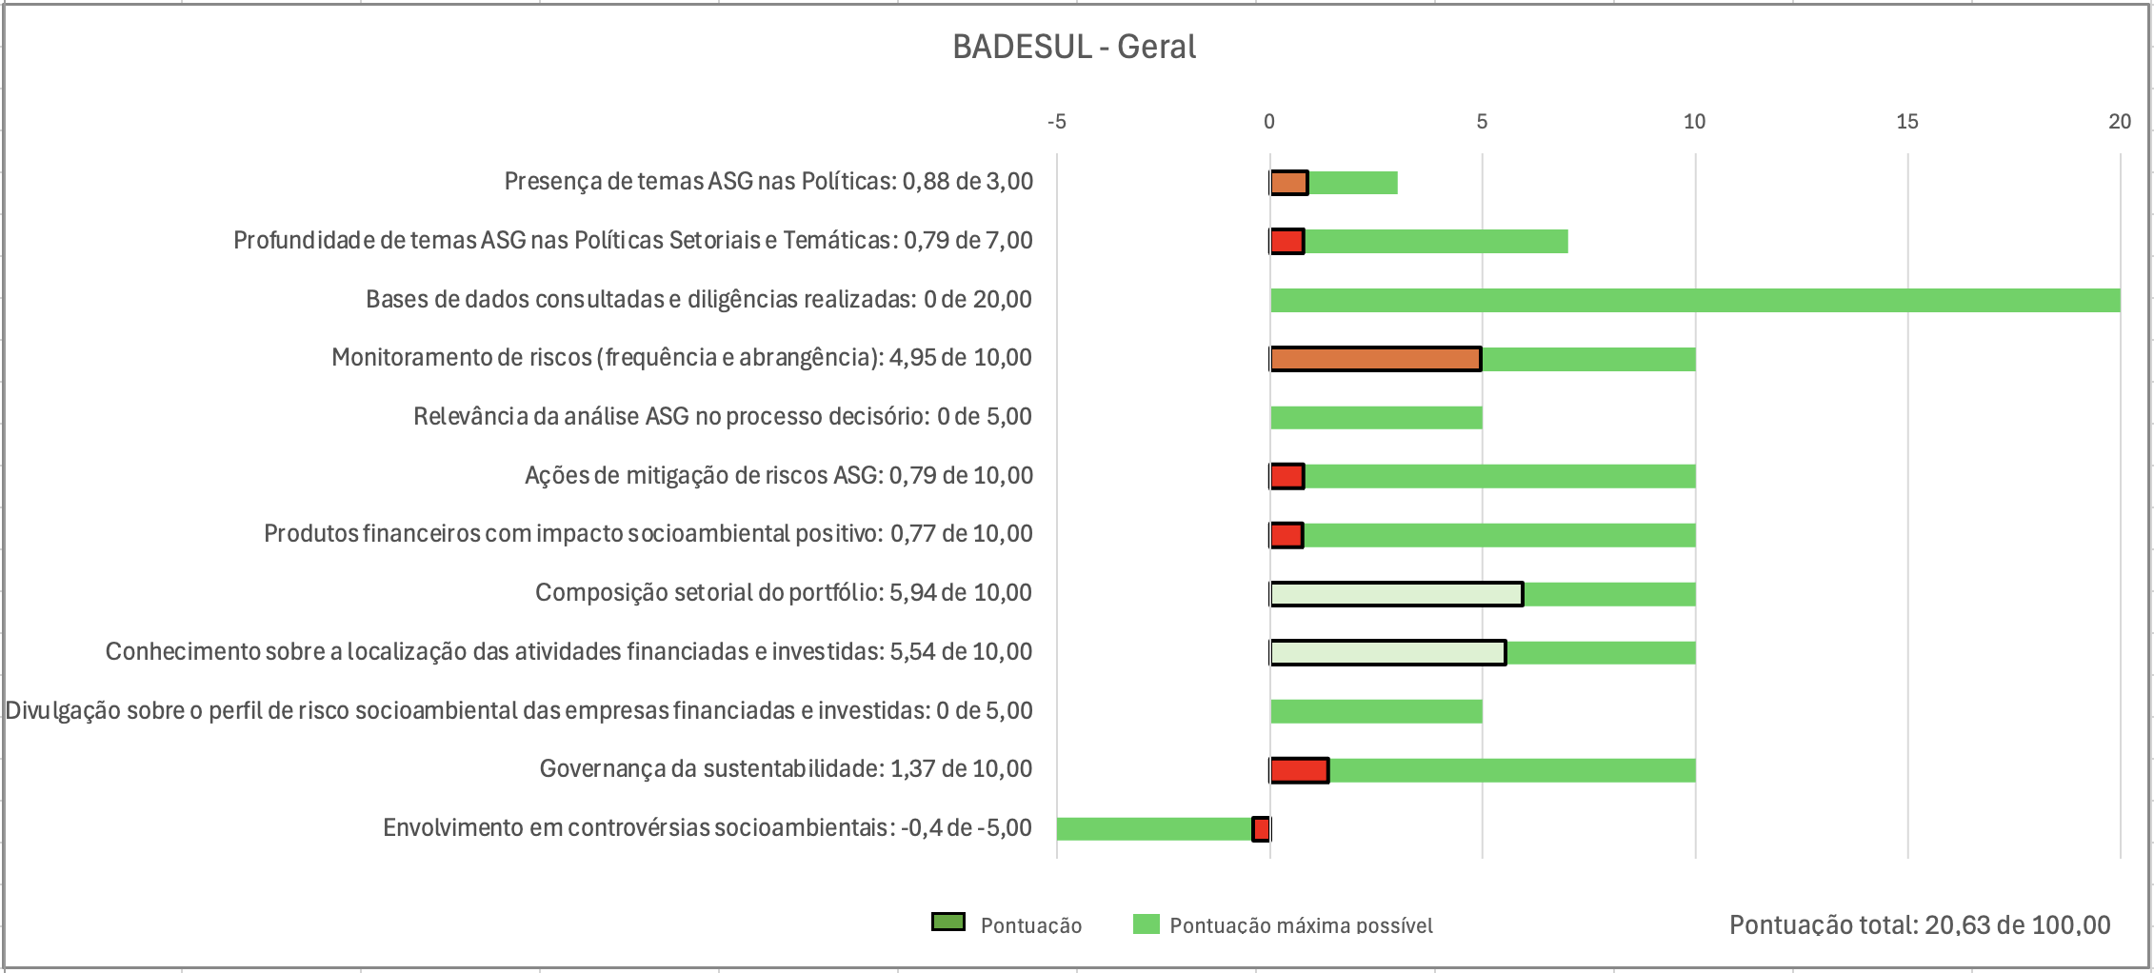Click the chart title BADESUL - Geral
pos(1074,47)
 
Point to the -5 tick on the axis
pos(1056,122)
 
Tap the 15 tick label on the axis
pos(1906,122)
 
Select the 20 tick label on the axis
pos(2119,122)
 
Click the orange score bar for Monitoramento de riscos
pos(1375,359)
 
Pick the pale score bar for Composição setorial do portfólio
pos(1396,594)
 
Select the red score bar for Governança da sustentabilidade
pos(1299,770)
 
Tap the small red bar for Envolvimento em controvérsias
pos(1261,829)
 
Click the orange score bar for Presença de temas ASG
pos(1289,183)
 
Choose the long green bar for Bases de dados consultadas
pos(1695,301)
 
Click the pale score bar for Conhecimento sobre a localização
pos(1387,653)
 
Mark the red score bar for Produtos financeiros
pos(1286,535)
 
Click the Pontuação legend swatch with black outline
pos(947,923)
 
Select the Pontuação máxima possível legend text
pos(1301,925)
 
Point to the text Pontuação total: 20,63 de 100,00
pos(1919,924)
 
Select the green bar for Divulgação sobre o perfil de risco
pos(1376,711)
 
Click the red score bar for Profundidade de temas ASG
pos(1287,242)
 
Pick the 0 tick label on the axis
pos(1268,122)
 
